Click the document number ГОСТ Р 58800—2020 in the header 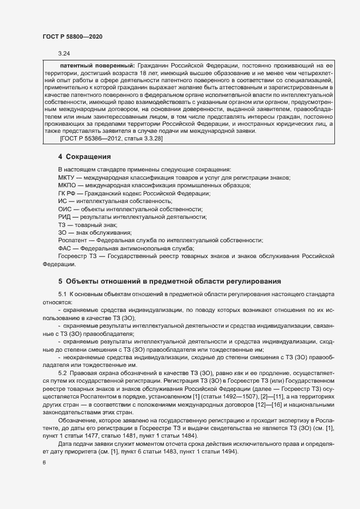click(72, 36)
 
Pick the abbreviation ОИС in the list click(64, 210)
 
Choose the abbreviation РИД click(64, 217)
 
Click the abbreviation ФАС click(65, 248)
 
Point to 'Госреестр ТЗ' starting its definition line click(77, 256)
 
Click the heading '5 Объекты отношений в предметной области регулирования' click(169, 281)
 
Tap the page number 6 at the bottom click(44, 463)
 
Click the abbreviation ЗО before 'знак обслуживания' click(62, 232)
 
